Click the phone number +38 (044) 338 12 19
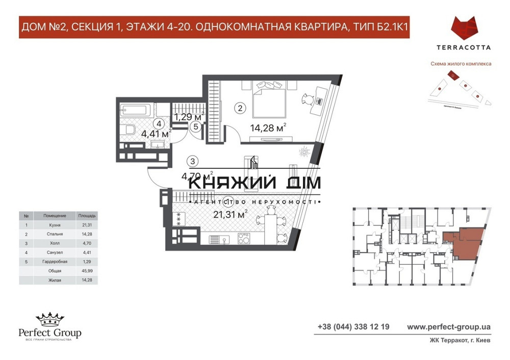pyautogui.click(x=353, y=326)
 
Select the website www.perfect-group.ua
pyautogui.click(x=449, y=326)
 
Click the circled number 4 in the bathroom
pyautogui.click(x=160, y=123)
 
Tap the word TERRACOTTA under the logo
pyautogui.click(x=464, y=47)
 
